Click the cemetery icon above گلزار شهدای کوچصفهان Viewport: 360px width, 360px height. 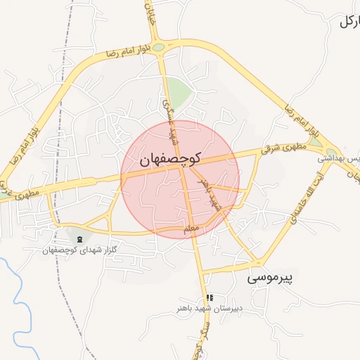click(x=79, y=240)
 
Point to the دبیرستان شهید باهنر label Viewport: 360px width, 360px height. click(x=210, y=308)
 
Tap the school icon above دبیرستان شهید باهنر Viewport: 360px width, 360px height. click(x=209, y=297)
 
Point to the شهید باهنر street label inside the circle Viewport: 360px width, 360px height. click(x=210, y=194)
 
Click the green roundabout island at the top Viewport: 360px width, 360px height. click(x=159, y=47)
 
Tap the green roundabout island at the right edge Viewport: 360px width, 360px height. click(x=314, y=143)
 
